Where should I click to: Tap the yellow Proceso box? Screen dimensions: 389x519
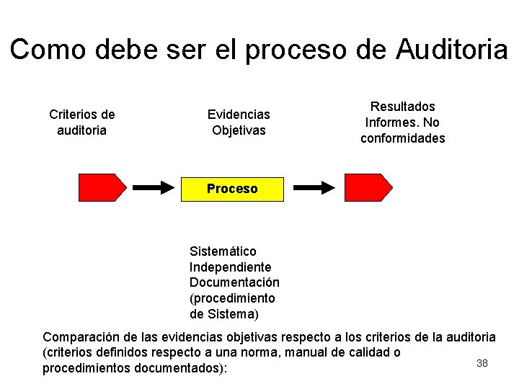tap(231, 189)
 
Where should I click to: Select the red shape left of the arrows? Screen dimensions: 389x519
tap(102, 187)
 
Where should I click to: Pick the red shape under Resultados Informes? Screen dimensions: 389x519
tap(368, 187)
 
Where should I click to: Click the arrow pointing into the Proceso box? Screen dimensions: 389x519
tap(155, 187)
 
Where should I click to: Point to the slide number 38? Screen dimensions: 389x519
tap(482, 363)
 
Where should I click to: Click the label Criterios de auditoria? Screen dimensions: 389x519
tap(82, 122)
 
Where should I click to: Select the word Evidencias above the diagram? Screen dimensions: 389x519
tap(239, 114)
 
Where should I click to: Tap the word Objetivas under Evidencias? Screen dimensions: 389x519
tap(239, 130)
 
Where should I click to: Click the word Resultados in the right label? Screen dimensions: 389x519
tap(403, 106)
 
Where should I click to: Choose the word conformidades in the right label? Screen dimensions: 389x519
tap(403, 138)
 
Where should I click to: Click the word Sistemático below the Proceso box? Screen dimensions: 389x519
tap(223, 251)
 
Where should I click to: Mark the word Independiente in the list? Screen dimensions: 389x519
tap(231, 267)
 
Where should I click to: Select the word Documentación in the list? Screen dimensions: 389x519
tap(234, 282)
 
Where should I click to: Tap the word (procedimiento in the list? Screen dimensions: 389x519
tap(232, 298)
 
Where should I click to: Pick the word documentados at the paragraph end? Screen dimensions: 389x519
tap(187, 368)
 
